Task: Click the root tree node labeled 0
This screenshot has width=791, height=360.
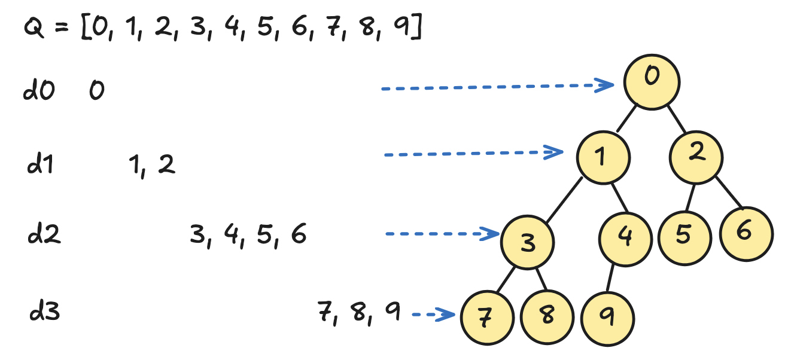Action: tap(652, 83)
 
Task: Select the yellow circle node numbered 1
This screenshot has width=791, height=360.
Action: tap(603, 157)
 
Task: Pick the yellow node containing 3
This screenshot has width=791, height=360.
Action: tap(527, 243)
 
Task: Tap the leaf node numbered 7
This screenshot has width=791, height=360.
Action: tap(488, 318)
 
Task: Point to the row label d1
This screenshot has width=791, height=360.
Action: tap(40, 164)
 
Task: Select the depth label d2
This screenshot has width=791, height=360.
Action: tap(44, 235)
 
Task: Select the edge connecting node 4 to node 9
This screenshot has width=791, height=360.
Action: tap(611, 278)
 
